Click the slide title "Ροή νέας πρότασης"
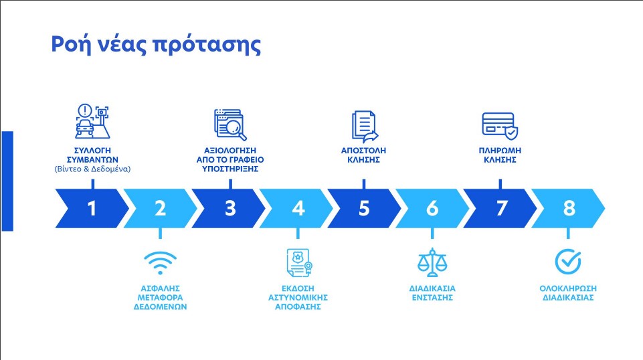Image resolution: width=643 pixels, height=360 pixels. [156, 44]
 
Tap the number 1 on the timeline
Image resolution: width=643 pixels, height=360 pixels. [92, 208]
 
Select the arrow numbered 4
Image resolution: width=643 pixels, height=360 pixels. [296, 208]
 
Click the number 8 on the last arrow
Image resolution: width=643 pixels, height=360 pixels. [569, 208]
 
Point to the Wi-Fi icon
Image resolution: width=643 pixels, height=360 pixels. [161, 263]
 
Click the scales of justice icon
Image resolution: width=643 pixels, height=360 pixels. [432, 262]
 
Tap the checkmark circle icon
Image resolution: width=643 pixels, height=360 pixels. [568, 261]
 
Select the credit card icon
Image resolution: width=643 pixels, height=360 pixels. [500, 126]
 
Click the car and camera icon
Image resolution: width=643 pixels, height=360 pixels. [93, 121]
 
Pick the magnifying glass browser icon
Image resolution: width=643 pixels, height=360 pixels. [230, 124]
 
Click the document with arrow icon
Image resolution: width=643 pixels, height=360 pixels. [365, 126]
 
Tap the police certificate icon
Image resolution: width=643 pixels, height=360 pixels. [299, 263]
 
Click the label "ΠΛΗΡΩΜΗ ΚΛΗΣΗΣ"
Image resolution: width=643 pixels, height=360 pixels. [500, 155]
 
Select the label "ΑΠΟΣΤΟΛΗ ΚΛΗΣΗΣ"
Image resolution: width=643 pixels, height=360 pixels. [364, 155]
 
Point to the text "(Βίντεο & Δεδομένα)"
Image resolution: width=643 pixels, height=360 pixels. [93, 169]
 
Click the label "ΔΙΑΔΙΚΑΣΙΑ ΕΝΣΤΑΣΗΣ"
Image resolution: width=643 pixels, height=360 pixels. [432, 293]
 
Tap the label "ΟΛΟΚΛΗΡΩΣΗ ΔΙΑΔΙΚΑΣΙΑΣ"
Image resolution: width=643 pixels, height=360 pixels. [568, 293]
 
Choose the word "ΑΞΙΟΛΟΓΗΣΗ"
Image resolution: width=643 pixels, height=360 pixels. [230, 151]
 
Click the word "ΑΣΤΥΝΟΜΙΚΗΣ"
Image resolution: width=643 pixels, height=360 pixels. [298, 297]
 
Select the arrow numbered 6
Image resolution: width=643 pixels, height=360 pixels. [432, 208]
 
